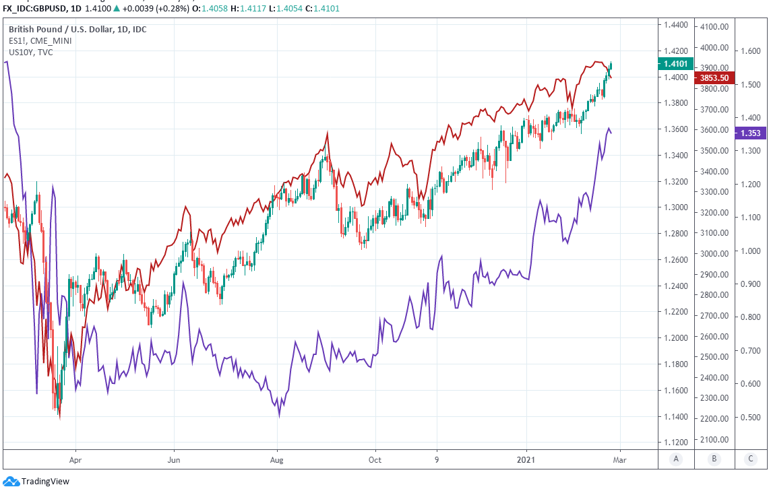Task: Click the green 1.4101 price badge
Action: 675,64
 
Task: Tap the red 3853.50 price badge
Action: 714,78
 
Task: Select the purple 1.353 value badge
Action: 750,133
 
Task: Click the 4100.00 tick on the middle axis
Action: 714,28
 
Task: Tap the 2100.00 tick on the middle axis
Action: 714,440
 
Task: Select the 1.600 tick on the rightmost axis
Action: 750,51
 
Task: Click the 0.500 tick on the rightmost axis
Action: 750,418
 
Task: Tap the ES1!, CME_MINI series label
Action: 40,41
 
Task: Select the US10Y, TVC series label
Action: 31,53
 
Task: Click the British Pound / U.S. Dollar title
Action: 78,30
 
